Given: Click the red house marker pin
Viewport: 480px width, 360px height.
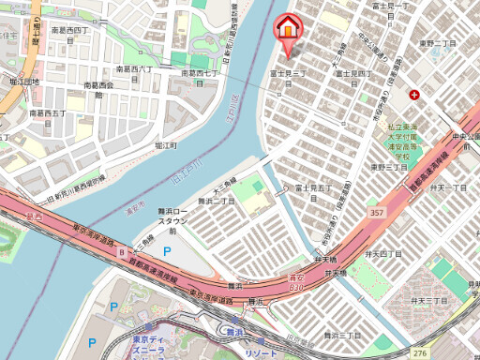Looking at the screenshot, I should tap(288, 28).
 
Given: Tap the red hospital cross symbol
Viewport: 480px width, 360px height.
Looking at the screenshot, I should tap(414, 94).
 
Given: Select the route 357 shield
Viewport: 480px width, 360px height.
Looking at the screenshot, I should tap(375, 213).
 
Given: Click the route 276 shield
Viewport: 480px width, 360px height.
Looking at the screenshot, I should tap(420, 352).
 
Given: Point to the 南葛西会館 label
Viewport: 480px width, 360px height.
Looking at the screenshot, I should tap(98, 90).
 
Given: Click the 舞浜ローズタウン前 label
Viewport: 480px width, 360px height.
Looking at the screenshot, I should tap(172, 218).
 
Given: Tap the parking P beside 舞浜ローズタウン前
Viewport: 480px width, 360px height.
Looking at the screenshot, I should tap(168, 251).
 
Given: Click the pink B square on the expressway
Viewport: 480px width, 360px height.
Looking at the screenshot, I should tap(121, 252).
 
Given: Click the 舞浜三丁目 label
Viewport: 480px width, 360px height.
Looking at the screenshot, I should tap(342, 335).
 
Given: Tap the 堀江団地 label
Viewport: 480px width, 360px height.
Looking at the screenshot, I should tap(20, 82).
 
